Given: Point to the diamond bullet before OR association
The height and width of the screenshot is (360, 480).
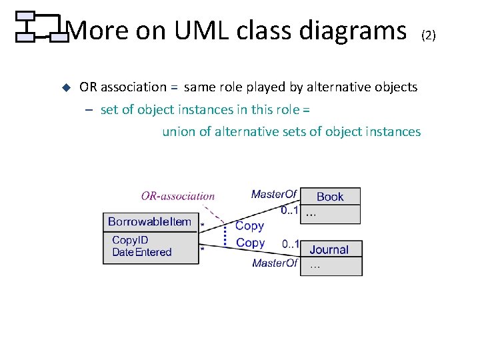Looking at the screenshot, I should [66, 87].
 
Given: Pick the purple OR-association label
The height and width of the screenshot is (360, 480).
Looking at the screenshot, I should [178, 196].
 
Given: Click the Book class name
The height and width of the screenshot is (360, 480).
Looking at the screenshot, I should [330, 197].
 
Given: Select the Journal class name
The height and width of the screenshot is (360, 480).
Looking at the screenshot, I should [329, 250].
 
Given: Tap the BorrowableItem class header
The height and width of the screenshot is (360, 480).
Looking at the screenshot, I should [149, 222].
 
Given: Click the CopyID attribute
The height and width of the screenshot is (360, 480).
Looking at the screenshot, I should [130, 240].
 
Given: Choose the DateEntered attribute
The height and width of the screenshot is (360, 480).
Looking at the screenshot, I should [142, 252].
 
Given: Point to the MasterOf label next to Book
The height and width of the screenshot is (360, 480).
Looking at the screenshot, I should [273, 194].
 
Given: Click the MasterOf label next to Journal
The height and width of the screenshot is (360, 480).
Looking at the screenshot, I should [275, 263].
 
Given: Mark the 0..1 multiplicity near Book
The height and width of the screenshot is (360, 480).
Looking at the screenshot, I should [289, 211].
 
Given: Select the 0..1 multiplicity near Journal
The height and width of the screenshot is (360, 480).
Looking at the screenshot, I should [291, 243].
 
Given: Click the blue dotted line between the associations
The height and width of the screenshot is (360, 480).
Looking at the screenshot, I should [226, 235].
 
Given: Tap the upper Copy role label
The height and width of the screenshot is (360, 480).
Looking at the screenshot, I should [249, 226].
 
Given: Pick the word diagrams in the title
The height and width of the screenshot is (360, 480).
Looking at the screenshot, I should [353, 31].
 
